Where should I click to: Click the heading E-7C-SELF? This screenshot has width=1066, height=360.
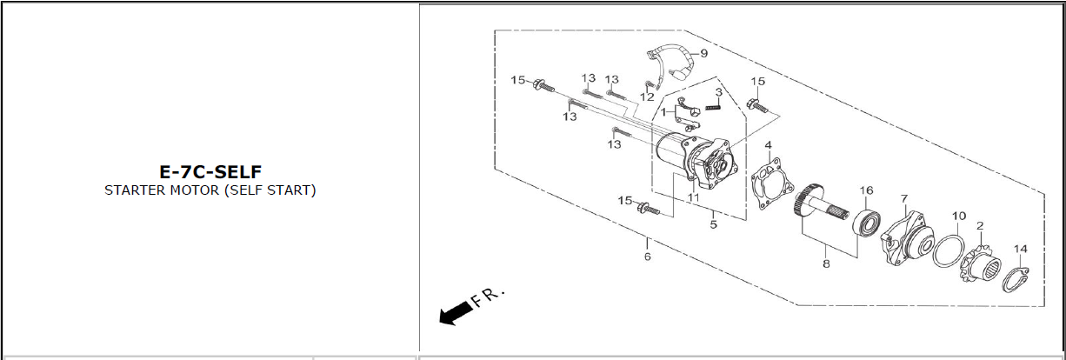(210, 171)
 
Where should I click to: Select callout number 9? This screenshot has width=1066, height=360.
(703, 53)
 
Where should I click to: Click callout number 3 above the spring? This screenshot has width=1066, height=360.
(719, 92)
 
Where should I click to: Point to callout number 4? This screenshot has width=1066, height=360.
(768, 144)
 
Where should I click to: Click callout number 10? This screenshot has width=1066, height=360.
(958, 216)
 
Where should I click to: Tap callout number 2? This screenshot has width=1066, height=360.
(980, 226)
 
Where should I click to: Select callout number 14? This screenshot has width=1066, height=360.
(1021, 249)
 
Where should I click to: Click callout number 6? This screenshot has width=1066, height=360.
(647, 257)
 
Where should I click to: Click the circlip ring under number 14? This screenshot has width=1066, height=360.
(1012, 280)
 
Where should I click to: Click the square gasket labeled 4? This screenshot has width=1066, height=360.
(771, 185)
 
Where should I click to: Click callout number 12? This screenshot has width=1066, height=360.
(647, 97)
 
